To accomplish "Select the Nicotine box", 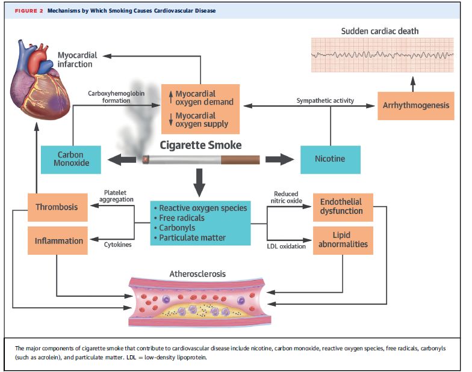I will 330,159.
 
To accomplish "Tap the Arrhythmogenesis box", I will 415,106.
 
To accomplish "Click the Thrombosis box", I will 57,207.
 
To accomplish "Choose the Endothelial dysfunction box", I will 341,207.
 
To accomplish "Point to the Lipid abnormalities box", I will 341,240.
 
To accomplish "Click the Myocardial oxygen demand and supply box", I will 200,108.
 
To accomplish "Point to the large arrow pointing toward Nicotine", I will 279,160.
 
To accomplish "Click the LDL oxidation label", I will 286,246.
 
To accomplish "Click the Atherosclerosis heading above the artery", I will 199,273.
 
